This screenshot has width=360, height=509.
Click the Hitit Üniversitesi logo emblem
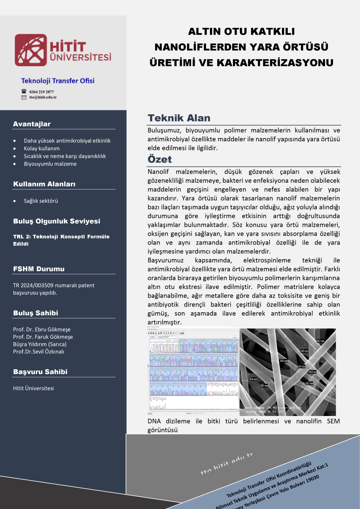tap(31, 50)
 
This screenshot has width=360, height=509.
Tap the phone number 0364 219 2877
tap(41, 92)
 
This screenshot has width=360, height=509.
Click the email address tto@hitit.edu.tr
tap(43, 97)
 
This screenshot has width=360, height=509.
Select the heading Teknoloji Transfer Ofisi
tap(58, 81)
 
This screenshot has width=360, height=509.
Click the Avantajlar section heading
tap(32, 124)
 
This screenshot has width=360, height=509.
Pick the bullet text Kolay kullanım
tap(42, 148)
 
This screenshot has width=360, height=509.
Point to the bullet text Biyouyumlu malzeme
tap(50, 164)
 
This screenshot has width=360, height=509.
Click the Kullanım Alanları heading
tap(44, 184)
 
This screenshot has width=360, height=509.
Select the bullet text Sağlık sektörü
tap(41, 201)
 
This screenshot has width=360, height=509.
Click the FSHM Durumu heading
tap(39, 269)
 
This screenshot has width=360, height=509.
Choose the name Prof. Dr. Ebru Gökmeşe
tap(42, 329)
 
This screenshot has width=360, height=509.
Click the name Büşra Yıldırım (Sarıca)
tap(40, 344)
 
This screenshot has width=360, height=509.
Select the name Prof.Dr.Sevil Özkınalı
tap(38, 352)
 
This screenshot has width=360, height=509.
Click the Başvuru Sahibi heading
tap(40, 372)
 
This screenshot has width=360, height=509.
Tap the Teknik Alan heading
tap(179, 118)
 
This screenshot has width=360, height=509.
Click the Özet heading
tap(160, 159)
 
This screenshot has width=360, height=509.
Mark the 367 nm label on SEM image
tap(320, 341)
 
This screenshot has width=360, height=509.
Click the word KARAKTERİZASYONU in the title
tap(275, 63)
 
